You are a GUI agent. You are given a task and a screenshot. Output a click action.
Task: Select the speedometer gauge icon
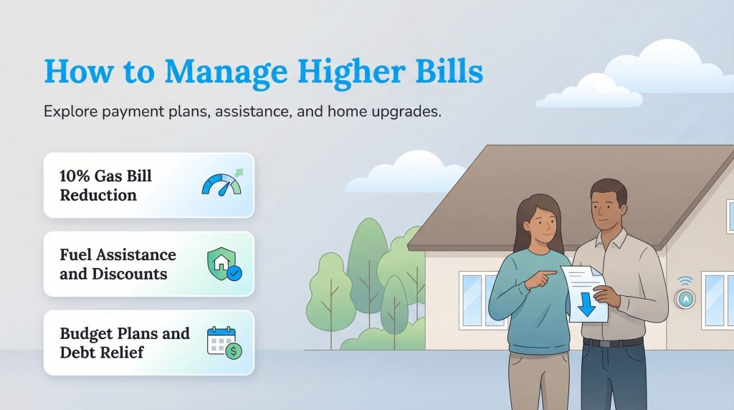221,184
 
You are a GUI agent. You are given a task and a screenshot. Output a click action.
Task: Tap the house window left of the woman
473,298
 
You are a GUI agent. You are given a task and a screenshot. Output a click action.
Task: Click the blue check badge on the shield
234,272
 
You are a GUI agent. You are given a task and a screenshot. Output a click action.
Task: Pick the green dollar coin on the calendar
234,351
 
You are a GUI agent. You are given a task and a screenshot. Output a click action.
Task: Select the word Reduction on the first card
98,195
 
